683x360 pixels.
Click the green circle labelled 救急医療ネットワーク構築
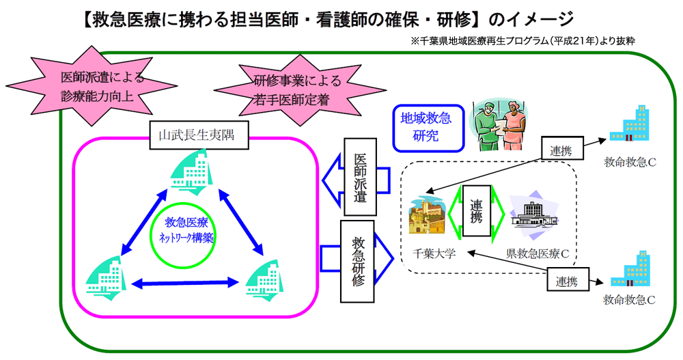tap(186, 230)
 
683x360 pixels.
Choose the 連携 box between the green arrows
tap(477, 211)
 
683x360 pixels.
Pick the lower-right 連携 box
tap(566, 280)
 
